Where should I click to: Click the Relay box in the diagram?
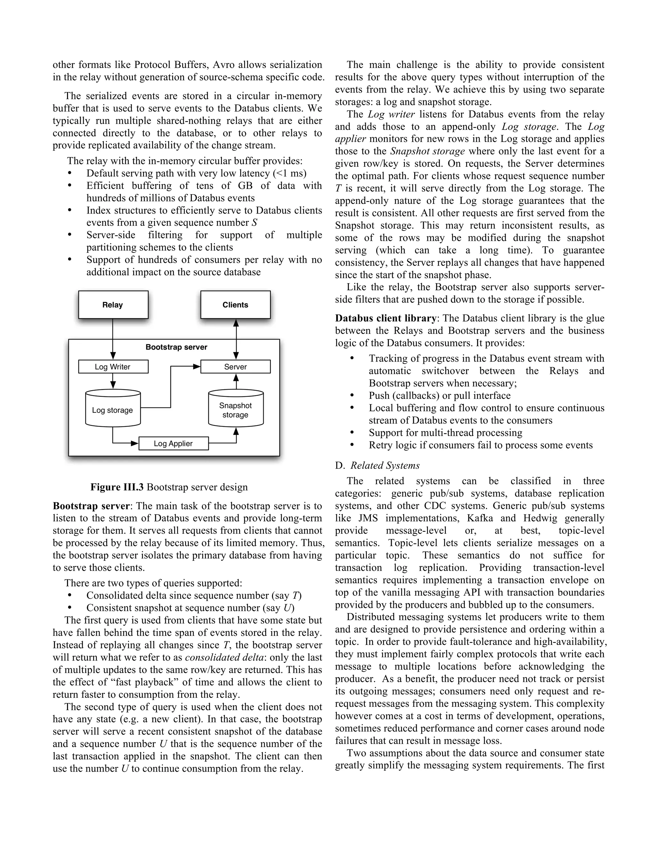point(113,305)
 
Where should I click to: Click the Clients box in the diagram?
point(235,305)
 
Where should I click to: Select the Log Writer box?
point(113,367)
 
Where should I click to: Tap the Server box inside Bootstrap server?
point(235,367)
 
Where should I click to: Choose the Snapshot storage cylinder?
point(235,410)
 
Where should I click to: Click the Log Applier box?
point(173,443)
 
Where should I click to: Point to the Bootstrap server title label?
point(176,347)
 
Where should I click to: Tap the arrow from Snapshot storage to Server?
point(235,382)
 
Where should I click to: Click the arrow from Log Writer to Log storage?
point(113,381)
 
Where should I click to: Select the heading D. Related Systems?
point(378,465)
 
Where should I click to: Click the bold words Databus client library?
point(385,318)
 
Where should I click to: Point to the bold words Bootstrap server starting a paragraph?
point(91,506)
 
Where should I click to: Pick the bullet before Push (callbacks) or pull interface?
point(352,396)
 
